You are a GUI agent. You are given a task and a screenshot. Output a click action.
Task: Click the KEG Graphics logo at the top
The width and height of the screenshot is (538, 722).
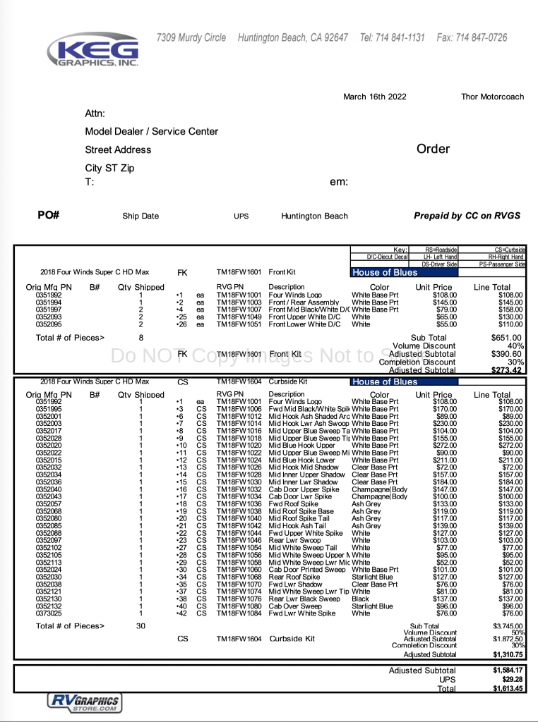pyautogui.click(x=92, y=50)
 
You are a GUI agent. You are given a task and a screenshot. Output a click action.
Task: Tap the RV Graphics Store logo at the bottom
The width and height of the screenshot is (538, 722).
pyautogui.click(x=84, y=702)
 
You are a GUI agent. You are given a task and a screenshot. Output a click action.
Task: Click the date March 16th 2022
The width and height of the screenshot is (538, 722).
pyautogui.click(x=374, y=97)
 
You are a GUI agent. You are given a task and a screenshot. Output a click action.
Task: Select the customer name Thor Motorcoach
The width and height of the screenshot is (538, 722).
pyautogui.click(x=492, y=97)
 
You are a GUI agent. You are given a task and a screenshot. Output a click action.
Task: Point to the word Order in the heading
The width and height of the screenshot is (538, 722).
pyautogui.click(x=433, y=149)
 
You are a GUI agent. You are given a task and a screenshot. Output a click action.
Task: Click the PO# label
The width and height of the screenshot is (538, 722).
pyautogui.click(x=49, y=215)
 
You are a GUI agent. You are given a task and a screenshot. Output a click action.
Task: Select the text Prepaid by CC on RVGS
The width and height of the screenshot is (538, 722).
pyautogui.click(x=467, y=216)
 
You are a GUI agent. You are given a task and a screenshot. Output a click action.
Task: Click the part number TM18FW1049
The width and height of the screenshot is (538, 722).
pyautogui.click(x=239, y=317)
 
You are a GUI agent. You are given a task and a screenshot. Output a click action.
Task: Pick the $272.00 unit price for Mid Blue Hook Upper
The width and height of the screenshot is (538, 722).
pyautogui.click(x=444, y=446)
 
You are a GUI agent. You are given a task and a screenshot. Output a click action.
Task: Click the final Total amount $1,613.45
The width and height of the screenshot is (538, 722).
pyautogui.click(x=508, y=689)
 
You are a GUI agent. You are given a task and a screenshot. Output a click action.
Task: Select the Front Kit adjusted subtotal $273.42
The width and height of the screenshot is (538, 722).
pyautogui.click(x=507, y=370)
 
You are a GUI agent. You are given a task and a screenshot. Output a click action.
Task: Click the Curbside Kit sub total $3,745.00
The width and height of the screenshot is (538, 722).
pyautogui.click(x=508, y=626)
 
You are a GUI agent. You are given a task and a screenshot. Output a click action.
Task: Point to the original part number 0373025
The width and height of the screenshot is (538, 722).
pyautogui.click(x=49, y=613)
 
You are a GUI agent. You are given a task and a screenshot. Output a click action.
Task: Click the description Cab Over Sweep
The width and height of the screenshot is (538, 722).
pyautogui.click(x=295, y=606)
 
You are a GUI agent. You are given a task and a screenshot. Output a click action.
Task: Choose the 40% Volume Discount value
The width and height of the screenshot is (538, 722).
pyautogui.click(x=515, y=346)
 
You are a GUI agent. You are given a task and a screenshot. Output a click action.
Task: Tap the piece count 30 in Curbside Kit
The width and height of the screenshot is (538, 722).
pyautogui.click(x=141, y=626)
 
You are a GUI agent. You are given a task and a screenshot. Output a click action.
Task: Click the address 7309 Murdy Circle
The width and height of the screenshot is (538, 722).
pyautogui.click(x=191, y=37)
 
